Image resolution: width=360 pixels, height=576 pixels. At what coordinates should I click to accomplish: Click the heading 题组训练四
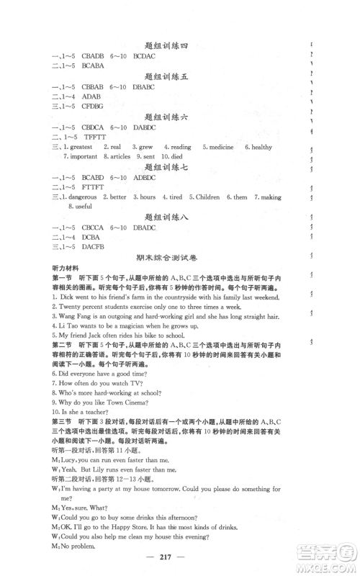tap(165, 46)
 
